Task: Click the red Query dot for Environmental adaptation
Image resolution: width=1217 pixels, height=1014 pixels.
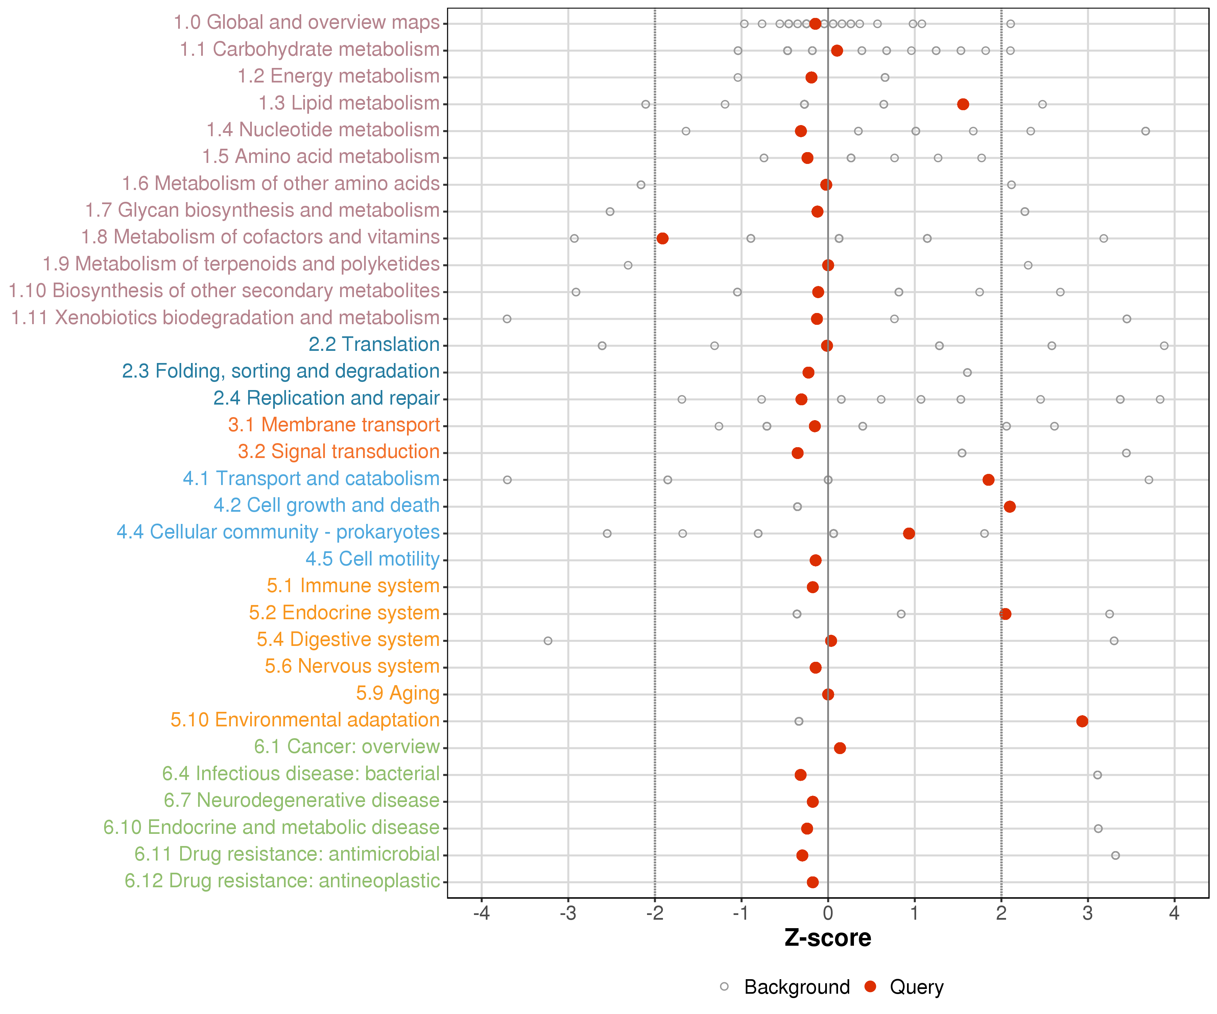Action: tap(1082, 721)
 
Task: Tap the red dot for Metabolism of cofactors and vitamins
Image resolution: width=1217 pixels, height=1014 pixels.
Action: tap(662, 239)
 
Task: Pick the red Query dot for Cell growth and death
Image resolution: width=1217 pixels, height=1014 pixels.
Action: tap(1009, 507)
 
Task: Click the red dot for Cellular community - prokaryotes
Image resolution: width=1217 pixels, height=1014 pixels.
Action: tap(909, 534)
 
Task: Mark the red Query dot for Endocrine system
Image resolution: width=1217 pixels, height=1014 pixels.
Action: tap(1005, 614)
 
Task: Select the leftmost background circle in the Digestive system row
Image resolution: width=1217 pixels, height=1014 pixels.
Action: tap(548, 641)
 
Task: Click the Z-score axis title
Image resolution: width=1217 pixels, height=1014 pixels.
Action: tap(828, 938)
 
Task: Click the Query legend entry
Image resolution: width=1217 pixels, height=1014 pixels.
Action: tap(904, 987)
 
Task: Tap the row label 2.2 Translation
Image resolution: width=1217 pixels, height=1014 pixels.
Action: tap(374, 345)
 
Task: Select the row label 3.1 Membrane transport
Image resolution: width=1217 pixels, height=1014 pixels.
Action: tap(334, 425)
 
